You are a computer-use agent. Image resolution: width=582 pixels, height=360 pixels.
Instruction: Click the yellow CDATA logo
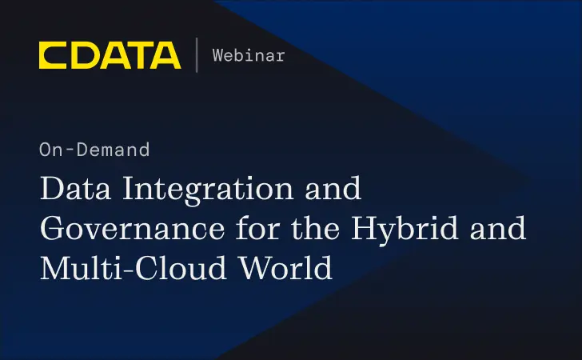[110, 55]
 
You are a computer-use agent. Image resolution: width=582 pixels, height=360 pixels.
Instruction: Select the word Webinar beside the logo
[248, 55]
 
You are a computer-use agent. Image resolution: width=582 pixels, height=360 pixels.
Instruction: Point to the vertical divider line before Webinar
[197, 55]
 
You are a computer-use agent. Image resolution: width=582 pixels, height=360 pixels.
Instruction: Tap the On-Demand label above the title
[94, 149]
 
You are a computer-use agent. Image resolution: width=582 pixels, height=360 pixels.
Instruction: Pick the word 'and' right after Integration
[337, 191]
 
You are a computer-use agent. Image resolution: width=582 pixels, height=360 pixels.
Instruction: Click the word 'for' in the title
[246, 230]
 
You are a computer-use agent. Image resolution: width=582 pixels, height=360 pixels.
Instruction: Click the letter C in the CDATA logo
[53, 55]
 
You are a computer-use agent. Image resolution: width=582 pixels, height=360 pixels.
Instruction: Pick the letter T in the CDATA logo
[138, 55]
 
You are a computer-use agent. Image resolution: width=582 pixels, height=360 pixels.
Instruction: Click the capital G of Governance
[53, 230]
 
